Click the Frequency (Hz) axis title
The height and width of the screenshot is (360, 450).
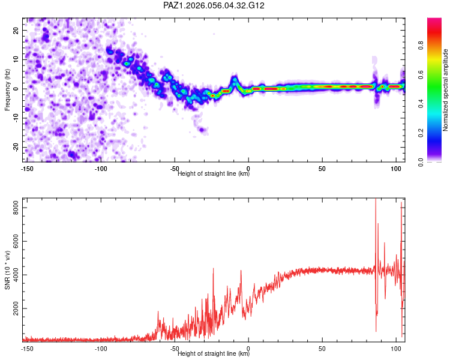pyautogui.click(x=7, y=89)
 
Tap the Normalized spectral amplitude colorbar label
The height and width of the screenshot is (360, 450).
pyautogui.click(x=446, y=90)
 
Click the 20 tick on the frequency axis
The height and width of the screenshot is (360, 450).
pyautogui.click(x=16, y=30)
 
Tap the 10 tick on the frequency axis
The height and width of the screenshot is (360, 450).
pyautogui.click(x=16, y=59)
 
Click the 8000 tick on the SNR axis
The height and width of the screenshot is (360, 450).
pyautogui.click(x=13, y=206)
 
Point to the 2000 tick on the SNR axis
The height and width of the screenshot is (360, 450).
pyautogui.click(x=13, y=308)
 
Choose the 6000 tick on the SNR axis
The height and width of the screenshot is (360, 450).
pyautogui.click(x=13, y=241)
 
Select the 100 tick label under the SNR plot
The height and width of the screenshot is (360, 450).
pyautogui.click(x=396, y=349)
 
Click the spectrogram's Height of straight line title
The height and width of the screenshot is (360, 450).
pyautogui.click(x=214, y=174)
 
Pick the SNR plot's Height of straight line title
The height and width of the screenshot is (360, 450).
pyautogui.click(x=214, y=354)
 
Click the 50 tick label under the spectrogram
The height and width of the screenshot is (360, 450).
pyautogui.click(x=322, y=169)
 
